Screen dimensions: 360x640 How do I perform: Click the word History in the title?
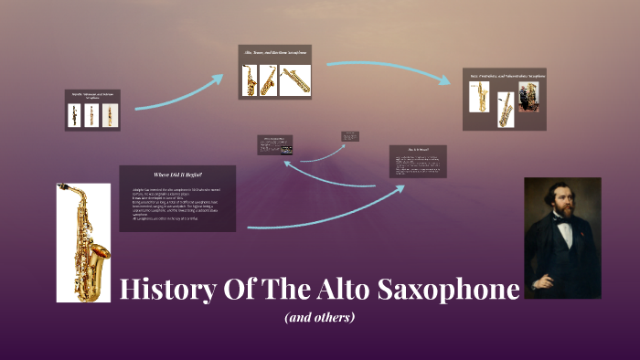pos(166,291)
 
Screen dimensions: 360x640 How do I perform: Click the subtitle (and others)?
pos(319,318)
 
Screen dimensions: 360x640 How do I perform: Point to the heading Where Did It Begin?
pos(177,175)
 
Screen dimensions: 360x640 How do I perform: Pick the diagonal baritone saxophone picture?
pos(296,80)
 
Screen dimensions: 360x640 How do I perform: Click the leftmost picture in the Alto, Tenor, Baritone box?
pos(250,80)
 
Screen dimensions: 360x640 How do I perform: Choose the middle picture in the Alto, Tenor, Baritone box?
pos(269,80)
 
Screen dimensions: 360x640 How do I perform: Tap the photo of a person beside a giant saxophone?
pos(528,96)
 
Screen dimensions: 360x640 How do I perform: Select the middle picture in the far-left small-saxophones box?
pos(91,115)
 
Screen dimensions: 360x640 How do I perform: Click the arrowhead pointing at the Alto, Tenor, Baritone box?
pos(218,79)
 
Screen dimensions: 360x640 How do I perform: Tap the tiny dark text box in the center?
pos(350,137)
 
